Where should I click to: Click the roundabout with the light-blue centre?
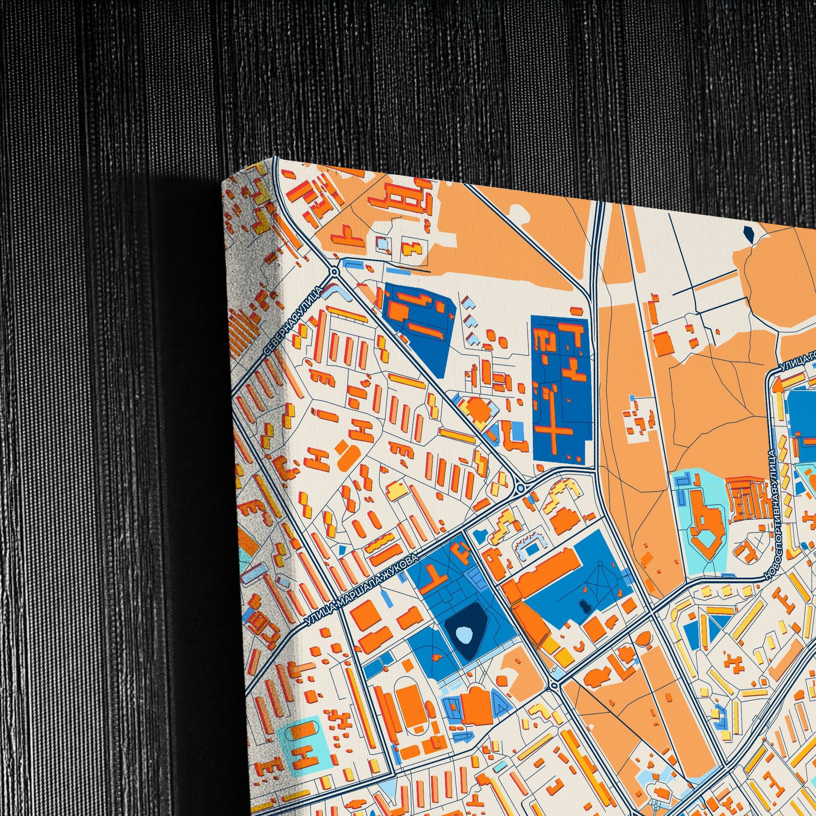click(521, 488)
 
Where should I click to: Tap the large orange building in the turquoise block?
click(705, 524)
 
